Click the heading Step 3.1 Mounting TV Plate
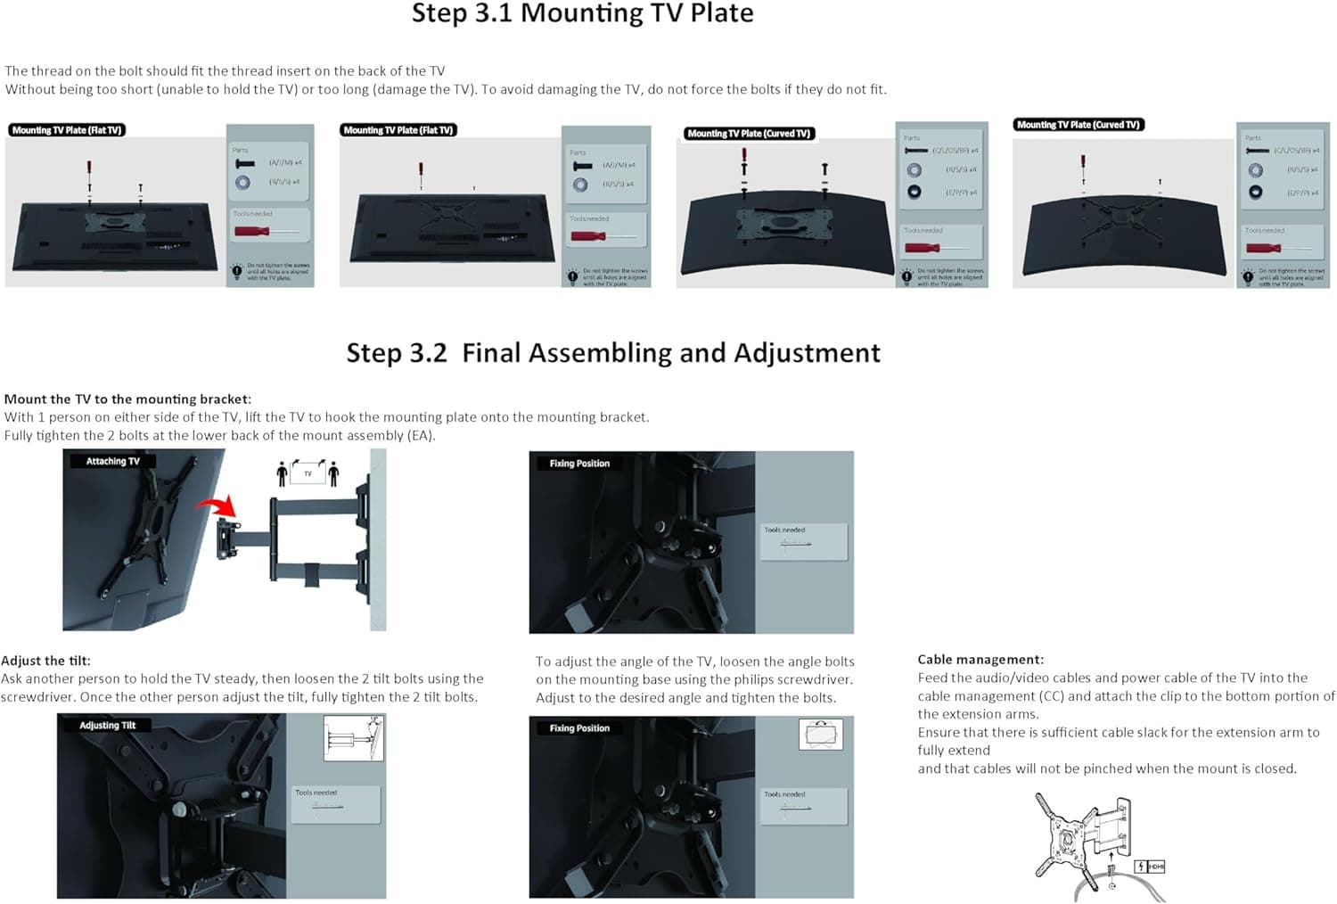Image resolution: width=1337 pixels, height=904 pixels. tap(582, 14)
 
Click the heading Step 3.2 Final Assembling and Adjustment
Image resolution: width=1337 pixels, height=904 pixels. tap(613, 353)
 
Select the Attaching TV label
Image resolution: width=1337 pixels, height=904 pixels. tap(112, 461)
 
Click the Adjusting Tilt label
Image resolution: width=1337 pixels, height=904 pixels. tap(107, 725)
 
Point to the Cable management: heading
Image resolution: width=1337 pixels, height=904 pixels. tap(980, 660)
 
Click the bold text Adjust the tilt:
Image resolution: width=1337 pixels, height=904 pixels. tap(45, 661)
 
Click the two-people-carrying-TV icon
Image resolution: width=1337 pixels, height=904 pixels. tap(308, 473)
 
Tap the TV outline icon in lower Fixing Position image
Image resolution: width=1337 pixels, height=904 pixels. tap(820, 735)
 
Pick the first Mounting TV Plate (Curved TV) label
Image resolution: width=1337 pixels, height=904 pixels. tap(749, 134)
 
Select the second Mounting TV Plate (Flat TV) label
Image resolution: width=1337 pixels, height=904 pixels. tap(398, 130)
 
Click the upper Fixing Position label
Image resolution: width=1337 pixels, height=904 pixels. tap(579, 464)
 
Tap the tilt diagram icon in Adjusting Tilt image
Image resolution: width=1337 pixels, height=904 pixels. tap(353, 738)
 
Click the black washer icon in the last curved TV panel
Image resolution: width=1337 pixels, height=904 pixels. tap(1255, 192)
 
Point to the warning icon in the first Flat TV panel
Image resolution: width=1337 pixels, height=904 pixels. tap(237, 271)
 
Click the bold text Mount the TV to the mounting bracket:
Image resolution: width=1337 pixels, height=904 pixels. tap(127, 399)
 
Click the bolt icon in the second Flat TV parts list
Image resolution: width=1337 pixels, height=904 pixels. tap(582, 166)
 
